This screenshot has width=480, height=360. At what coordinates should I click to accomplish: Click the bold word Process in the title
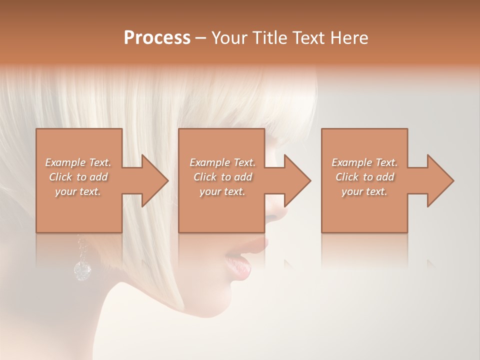(x=157, y=38)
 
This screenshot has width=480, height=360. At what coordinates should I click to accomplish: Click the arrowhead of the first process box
(x=155, y=180)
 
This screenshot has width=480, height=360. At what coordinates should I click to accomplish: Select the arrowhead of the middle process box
(x=298, y=180)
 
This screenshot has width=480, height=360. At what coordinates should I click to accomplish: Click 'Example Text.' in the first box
(x=78, y=162)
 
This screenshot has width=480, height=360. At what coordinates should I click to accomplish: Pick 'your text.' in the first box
(x=78, y=191)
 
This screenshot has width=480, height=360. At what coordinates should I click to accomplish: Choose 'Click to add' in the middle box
(x=222, y=177)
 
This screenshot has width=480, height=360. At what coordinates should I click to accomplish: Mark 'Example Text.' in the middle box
(x=222, y=162)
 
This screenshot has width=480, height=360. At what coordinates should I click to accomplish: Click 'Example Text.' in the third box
(x=364, y=162)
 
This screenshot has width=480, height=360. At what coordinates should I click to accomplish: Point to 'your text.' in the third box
(x=364, y=191)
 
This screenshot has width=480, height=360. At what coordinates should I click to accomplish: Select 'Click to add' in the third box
(x=364, y=177)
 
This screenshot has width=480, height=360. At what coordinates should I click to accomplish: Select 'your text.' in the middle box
(x=222, y=191)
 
